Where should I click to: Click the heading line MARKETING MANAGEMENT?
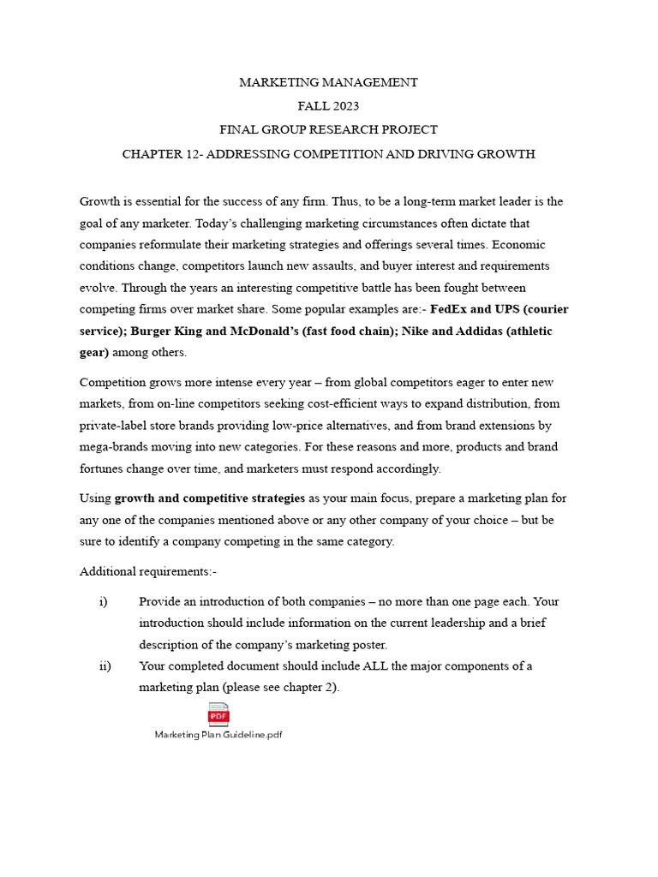329,83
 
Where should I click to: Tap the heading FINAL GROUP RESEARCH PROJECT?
329,130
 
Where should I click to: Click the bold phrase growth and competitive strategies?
210,498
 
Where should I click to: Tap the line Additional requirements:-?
142,571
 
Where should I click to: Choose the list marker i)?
104,602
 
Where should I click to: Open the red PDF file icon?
218,714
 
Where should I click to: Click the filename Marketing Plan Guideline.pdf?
218,736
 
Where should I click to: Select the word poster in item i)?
369,644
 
